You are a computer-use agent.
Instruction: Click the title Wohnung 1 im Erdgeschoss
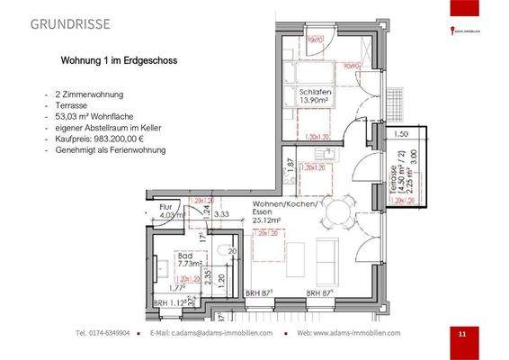point(117,62)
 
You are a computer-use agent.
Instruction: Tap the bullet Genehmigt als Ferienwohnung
point(110,150)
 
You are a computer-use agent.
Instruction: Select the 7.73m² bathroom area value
point(187,264)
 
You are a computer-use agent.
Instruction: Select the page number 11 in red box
point(461,335)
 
